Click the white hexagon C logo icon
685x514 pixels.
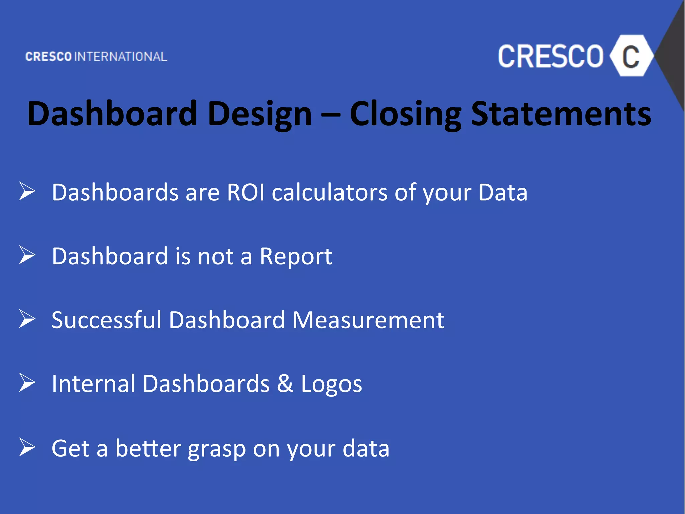coord(631,56)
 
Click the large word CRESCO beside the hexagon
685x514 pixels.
coord(551,56)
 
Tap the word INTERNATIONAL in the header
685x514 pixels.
coord(120,57)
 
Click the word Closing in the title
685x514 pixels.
coord(405,114)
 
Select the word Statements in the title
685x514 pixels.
coord(561,114)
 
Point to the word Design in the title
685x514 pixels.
coord(260,114)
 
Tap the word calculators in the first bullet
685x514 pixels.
coord(329,193)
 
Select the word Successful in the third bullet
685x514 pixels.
coord(106,320)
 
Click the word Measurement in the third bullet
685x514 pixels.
coord(368,320)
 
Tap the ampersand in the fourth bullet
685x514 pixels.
coord(285,383)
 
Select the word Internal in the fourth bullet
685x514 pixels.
coord(93,383)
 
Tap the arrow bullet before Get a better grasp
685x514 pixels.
coord(27,447)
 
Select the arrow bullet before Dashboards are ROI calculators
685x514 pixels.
coord(27,191)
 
